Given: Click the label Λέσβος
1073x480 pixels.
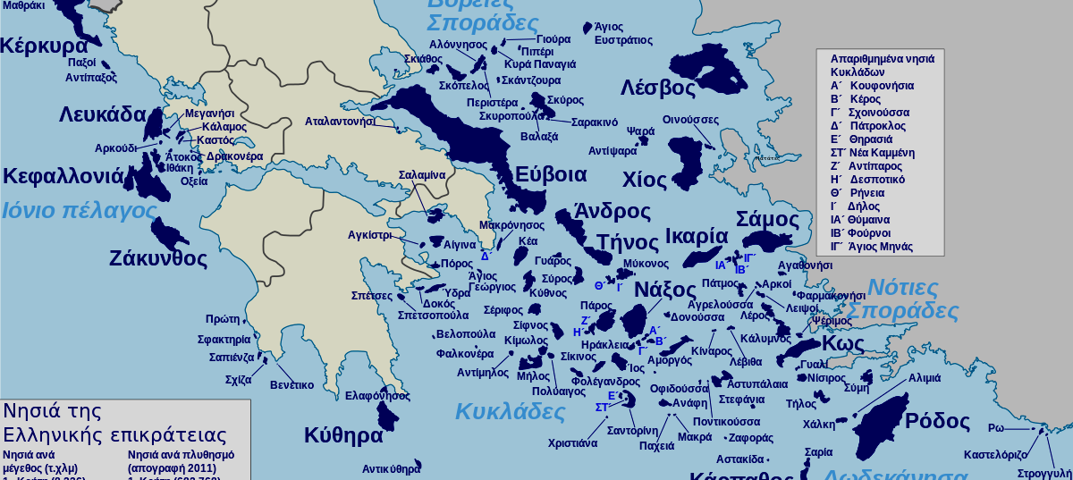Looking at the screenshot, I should [657, 88].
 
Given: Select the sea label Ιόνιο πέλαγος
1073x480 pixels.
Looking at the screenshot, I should [79, 211].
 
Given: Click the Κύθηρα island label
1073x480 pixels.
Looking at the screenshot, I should [343, 436].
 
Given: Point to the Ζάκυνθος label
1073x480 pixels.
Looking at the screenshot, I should [157, 259].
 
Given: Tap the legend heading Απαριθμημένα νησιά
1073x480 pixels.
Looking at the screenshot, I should [882, 59].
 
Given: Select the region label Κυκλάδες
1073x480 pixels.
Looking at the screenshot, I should [510, 411].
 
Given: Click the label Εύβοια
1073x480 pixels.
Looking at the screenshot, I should [551, 174].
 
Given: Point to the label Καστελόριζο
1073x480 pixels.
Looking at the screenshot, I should [1002, 455].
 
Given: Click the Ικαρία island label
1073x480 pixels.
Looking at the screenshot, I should [697, 237].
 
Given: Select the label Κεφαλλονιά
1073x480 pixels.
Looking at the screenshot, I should [63, 176].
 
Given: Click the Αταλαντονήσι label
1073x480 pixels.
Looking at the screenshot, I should [340, 121].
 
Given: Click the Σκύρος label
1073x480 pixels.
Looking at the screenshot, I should [565, 100].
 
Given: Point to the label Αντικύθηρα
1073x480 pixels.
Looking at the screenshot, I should [391, 468].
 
